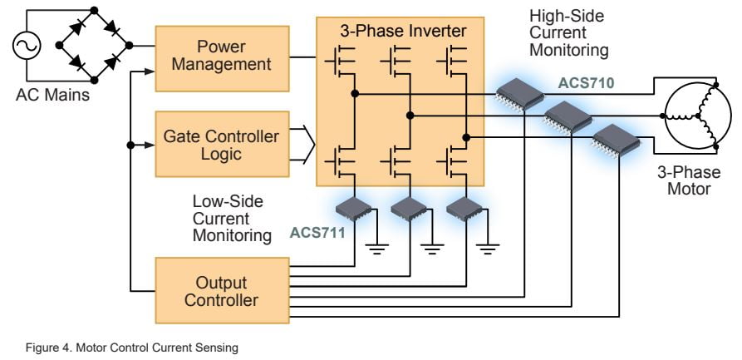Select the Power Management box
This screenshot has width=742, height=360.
[223, 55]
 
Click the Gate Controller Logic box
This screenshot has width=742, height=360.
[223, 144]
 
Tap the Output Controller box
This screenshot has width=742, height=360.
[223, 291]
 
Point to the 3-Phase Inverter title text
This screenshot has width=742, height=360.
[400, 31]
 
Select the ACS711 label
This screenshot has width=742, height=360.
[315, 232]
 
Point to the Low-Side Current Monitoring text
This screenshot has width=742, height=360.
[232, 219]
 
